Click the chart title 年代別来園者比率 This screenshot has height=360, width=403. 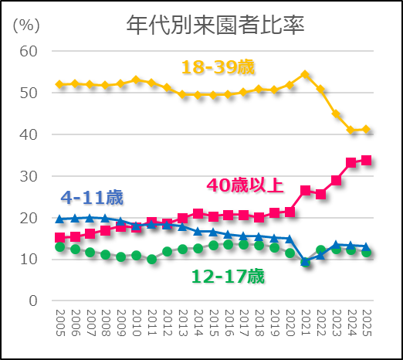215,25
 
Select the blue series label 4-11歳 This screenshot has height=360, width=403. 91,197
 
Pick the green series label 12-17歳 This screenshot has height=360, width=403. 229,276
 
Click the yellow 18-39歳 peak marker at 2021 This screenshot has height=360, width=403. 305,75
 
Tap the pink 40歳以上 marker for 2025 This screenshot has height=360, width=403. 366,160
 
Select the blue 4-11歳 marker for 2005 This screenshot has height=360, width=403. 60,219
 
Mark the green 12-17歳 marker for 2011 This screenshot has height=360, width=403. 152,260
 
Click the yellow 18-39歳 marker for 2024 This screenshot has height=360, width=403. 351,130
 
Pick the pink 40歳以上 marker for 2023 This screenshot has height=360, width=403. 336,180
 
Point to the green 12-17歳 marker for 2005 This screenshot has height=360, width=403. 60,246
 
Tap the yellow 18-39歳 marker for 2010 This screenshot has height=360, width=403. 137,80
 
